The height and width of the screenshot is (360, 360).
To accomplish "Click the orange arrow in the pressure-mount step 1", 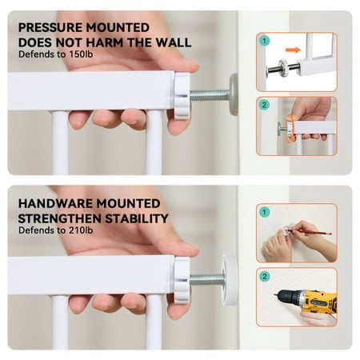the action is click(293, 50).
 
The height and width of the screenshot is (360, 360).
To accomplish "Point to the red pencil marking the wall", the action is click(310, 231).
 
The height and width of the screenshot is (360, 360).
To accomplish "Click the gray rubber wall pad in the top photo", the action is click(234, 94).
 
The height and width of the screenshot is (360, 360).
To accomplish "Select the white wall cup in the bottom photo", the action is click(230, 280).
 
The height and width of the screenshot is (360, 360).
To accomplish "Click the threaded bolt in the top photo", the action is click(210, 95).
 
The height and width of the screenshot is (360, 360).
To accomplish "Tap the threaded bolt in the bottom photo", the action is click(207, 280).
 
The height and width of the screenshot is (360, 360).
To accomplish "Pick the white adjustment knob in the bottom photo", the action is click(182, 280).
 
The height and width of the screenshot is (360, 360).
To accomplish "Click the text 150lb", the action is click(81, 54).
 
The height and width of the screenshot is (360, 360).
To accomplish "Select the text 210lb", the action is click(81, 230).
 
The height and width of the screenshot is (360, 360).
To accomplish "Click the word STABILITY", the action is click(137, 218).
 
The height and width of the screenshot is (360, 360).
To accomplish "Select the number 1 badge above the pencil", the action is click(264, 212).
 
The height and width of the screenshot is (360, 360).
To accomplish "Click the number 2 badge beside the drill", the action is click(264, 276).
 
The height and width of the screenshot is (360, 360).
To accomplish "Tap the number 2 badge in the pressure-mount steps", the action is click(264, 105).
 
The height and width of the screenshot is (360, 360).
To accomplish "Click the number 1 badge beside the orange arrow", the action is click(264, 41).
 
